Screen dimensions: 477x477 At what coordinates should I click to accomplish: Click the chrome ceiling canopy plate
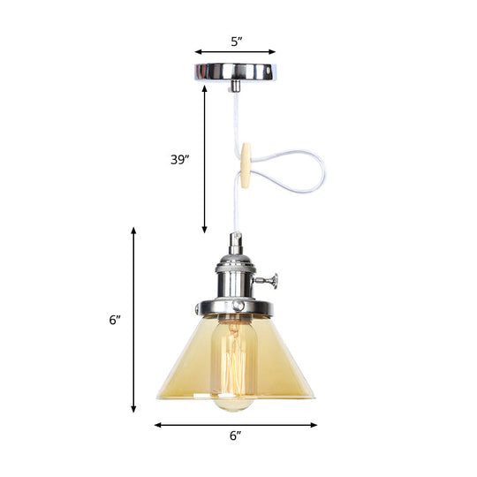pos(235,71)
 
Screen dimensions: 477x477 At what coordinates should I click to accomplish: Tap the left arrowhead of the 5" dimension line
pos(198,52)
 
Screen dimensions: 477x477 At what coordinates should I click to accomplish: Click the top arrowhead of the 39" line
pos(205,88)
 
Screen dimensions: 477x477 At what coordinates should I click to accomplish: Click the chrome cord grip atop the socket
pos(235,242)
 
